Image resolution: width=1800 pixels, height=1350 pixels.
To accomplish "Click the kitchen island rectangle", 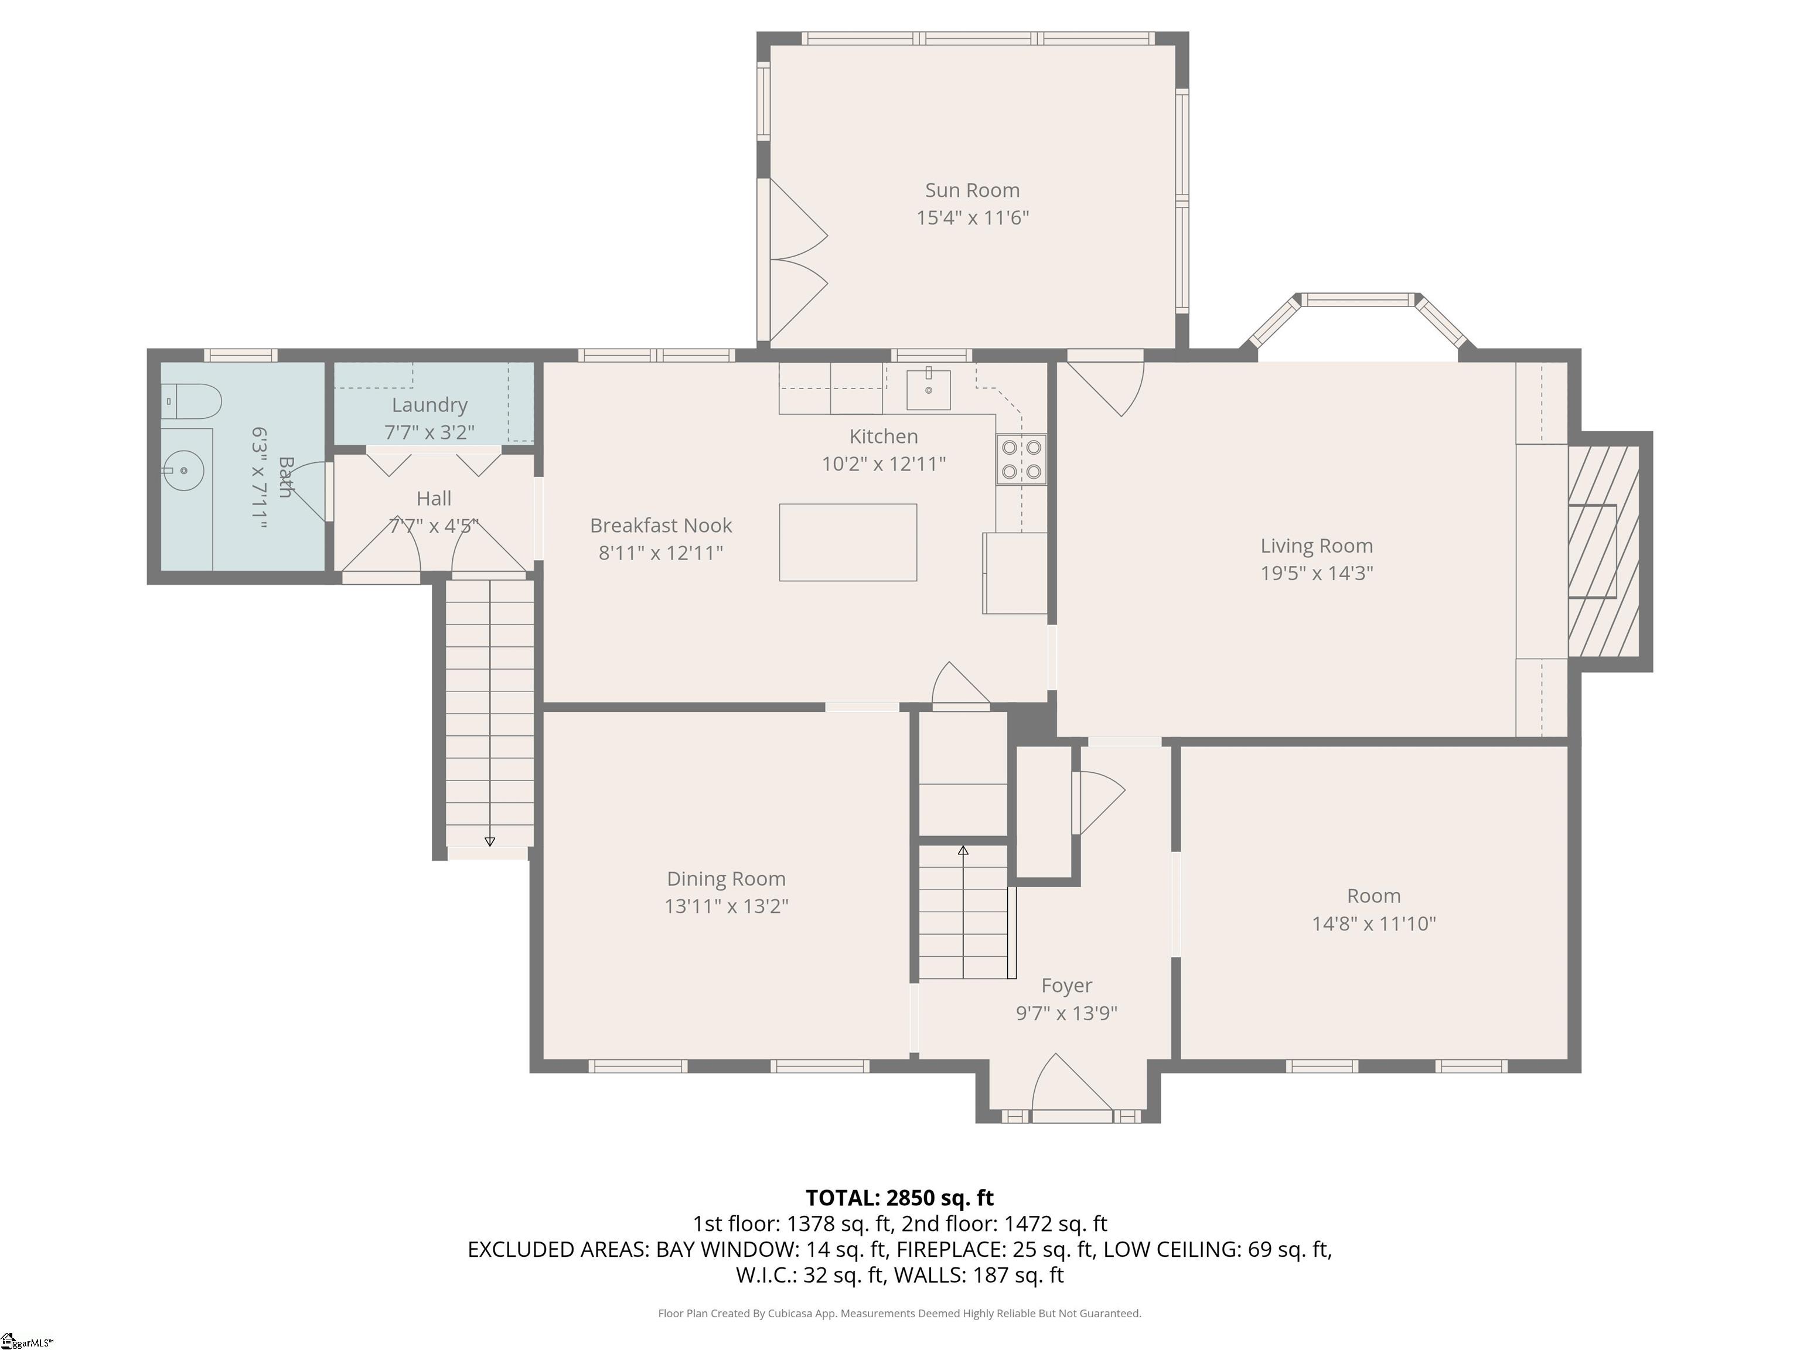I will pos(847,542).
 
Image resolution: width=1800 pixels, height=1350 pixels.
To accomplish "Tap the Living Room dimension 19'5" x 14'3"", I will pos(1316,573).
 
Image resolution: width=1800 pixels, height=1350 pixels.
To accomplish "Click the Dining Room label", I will pos(726,879).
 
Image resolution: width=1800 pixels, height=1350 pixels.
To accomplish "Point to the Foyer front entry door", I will pos(1071,1086).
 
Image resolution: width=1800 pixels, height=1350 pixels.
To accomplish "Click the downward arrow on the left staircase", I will pos(489,841).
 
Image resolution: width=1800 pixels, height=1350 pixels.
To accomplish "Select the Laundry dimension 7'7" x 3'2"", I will pos(429,432).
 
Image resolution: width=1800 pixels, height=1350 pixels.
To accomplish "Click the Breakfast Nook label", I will pos(661,526).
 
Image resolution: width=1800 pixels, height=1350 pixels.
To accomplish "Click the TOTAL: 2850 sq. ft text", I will pos(899,1198).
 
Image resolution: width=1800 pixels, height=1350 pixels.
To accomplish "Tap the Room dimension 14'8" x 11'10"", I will pos(1373,923).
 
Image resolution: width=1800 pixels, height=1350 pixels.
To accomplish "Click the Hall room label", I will pos(434,498).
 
